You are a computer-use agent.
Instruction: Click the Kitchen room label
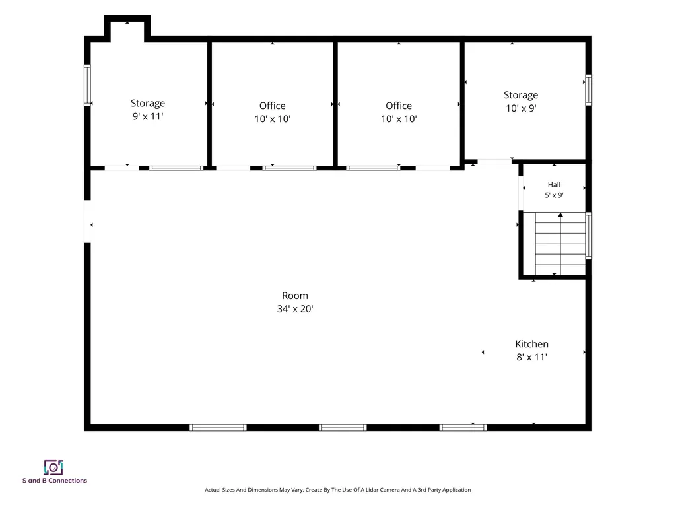(x=531, y=343)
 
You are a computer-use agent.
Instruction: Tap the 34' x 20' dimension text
(x=295, y=309)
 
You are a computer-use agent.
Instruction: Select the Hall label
(x=554, y=185)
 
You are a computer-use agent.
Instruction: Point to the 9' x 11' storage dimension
(x=148, y=116)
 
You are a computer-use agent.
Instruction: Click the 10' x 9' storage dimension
(x=522, y=108)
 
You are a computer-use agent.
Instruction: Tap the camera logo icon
(x=53, y=467)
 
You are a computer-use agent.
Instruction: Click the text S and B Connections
(x=55, y=481)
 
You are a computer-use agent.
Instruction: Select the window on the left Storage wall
(x=87, y=85)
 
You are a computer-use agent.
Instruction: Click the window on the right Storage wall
(x=588, y=90)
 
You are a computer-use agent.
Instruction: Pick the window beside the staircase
(x=588, y=236)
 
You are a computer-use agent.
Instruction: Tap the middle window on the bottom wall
(x=343, y=428)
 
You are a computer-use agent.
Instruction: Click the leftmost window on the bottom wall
(x=218, y=428)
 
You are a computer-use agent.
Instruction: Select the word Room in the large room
(x=295, y=296)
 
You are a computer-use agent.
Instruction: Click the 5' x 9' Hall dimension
(x=554, y=195)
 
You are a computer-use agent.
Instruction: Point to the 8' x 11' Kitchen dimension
(x=531, y=357)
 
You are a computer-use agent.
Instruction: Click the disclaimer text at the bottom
(x=337, y=490)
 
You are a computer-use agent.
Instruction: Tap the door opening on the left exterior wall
(x=87, y=222)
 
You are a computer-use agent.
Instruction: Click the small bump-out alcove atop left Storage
(x=127, y=29)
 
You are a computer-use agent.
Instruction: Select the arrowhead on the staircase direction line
(x=560, y=215)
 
